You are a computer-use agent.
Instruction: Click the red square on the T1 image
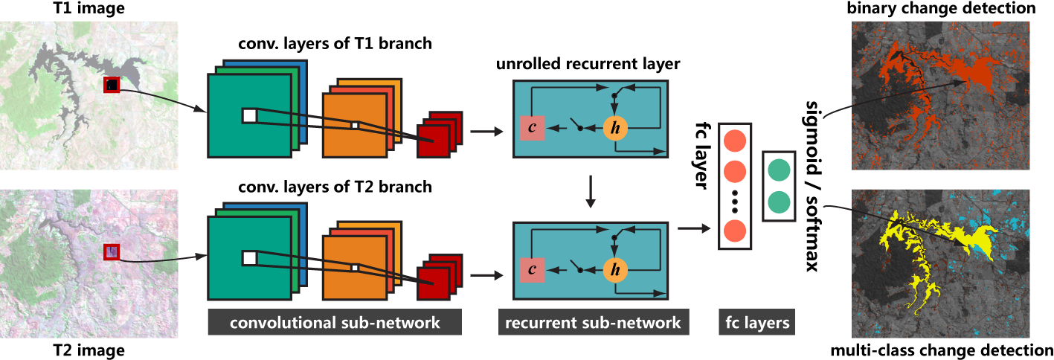tap(112, 86)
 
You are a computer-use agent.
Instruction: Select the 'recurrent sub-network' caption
tap(591, 324)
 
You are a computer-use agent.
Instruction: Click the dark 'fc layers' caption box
tap(755, 324)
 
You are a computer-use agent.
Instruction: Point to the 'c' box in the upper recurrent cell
tap(533, 128)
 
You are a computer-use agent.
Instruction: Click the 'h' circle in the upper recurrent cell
tap(614, 128)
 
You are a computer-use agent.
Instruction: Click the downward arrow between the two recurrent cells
tap(591, 191)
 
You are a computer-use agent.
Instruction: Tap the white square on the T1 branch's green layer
tap(249, 115)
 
